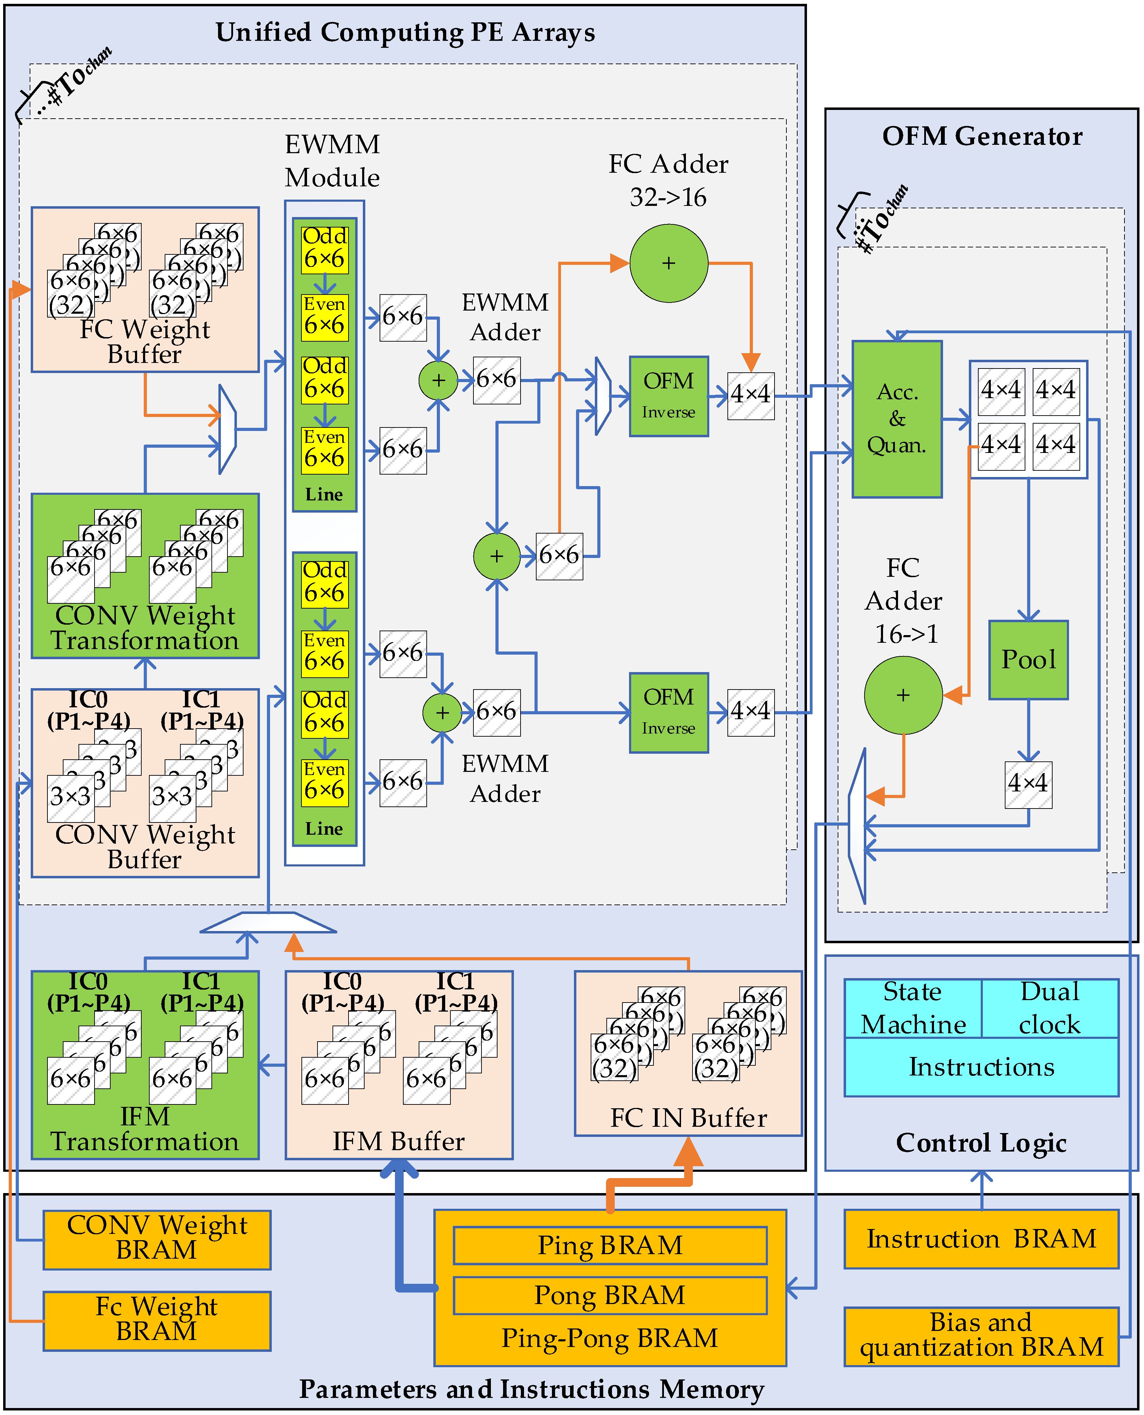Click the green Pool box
click(1028, 660)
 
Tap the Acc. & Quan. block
click(897, 419)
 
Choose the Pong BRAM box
click(610, 1295)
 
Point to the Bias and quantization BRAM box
click(981, 1336)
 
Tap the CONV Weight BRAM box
click(157, 1239)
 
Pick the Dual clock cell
click(1050, 1008)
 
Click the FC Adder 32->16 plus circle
click(669, 263)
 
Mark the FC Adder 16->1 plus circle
click(904, 695)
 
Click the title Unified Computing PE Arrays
click(405, 32)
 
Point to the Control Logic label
click(981, 1142)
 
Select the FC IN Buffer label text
click(689, 1118)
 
